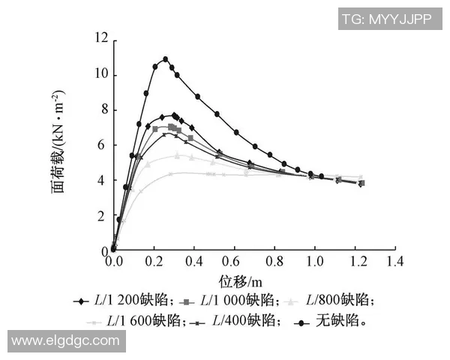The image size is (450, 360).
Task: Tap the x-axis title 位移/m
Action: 241,281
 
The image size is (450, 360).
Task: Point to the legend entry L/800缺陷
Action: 341,300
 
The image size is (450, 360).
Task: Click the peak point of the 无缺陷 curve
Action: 165,59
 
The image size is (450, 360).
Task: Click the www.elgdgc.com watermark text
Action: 65,340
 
